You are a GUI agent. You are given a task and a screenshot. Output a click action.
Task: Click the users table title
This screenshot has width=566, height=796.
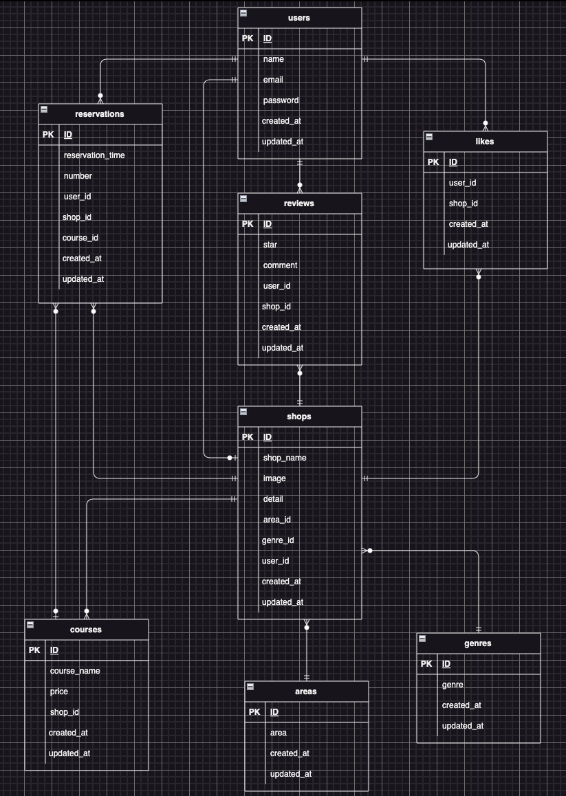point(299,18)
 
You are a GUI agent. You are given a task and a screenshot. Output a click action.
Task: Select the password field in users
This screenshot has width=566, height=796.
point(281,100)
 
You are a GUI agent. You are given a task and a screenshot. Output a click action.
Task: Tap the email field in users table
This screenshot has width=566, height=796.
point(273,80)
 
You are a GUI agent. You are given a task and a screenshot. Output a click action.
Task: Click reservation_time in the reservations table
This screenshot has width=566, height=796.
point(94,155)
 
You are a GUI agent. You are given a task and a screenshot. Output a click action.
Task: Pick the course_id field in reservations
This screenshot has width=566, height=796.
point(80,238)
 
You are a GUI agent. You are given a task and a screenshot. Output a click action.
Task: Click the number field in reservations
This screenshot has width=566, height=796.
point(78,176)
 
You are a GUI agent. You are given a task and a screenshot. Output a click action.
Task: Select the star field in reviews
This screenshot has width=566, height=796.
point(270,245)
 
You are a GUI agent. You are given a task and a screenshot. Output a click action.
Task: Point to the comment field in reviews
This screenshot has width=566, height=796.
point(280,265)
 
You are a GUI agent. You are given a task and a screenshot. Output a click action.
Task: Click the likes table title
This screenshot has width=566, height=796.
point(484,142)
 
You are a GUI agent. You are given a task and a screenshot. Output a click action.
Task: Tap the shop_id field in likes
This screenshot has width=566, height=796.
point(464,203)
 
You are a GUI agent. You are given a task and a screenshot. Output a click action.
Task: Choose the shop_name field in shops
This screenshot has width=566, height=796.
point(285,458)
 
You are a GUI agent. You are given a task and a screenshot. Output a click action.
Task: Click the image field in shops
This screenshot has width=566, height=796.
point(274,478)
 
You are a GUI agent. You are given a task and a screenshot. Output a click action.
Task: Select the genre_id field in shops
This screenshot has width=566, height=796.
point(278,540)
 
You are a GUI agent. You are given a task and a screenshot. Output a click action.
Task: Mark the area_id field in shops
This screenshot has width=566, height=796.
point(276,520)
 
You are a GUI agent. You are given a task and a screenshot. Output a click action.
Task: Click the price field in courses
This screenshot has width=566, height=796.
point(59,692)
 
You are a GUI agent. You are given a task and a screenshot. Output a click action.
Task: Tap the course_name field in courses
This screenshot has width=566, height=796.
point(75,671)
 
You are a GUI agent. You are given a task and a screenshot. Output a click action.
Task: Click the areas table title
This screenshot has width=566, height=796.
point(306,692)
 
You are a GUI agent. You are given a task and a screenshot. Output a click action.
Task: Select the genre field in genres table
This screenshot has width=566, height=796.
point(453,685)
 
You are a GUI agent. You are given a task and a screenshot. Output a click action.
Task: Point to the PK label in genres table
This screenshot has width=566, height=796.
point(426,664)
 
